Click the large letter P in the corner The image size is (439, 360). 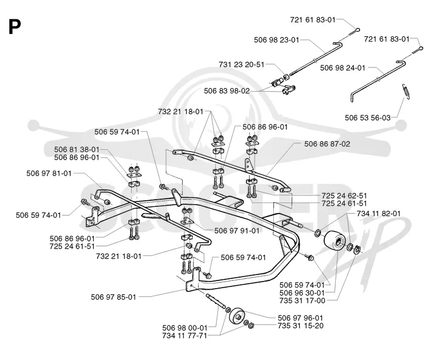coord(15,27)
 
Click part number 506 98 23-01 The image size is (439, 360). coord(277,40)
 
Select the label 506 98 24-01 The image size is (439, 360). coord(342,67)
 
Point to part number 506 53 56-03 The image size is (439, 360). coord(368,117)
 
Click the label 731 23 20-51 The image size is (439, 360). coord(241,64)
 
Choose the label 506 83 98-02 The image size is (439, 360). coord(227,91)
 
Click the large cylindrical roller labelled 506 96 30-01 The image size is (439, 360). coord(334,240)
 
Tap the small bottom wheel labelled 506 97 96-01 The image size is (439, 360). coord(237,316)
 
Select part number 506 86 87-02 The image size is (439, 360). coord(327,144)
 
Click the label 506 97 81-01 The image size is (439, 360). coord(49,173)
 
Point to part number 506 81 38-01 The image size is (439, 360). coord(77,149)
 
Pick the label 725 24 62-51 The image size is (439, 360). coord(344,195)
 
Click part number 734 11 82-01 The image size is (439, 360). coord(379,213)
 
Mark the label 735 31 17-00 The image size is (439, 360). coord(302,301)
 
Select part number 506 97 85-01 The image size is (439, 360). coord(114,297)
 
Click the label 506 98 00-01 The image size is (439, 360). coord(185,328)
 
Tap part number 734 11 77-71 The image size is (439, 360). coord(184,335)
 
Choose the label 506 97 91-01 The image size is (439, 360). coord(237,230)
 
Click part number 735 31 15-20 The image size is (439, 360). coord(301,326)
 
